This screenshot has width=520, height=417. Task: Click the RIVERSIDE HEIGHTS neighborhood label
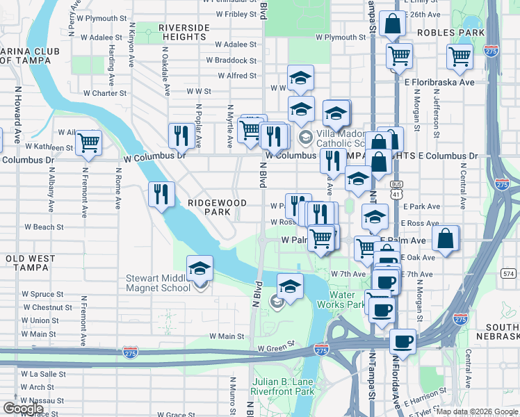pyautogui.click(x=184, y=32)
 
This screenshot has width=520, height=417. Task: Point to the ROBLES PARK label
pyautogui.click(x=450, y=33)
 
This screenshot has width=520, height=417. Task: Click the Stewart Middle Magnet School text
pyautogui.click(x=158, y=283)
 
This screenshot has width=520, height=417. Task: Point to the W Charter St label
pyautogui.click(x=104, y=92)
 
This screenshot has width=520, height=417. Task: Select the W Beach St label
pyautogui.click(x=44, y=227)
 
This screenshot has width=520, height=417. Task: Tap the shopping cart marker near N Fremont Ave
pyautogui.click(x=88, y=142)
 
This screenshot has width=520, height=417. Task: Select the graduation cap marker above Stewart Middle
pyautogui.click(x=200, y=268)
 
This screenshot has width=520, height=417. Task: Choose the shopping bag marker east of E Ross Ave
pyautogui.click(x=446, y=238)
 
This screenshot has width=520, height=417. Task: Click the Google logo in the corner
pyautogui.click(x=23, y=409)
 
